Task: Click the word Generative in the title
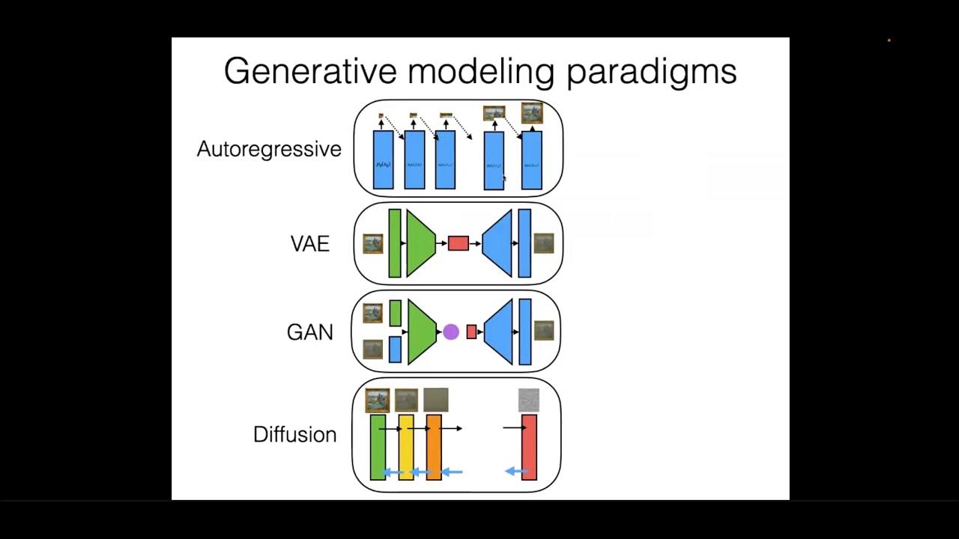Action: [x=309, y=72]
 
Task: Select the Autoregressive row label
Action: [x=269, y=149]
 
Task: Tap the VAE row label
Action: [x=309, y=244]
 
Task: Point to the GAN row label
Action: [x=309, y=332]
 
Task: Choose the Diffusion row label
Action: [x=294, y=435]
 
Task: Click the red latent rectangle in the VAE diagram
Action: [x=458, y=243]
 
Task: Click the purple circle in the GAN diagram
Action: [x=450, y=332]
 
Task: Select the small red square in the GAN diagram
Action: [x=471, y=332]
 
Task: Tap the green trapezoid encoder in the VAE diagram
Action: [x=420, y=243]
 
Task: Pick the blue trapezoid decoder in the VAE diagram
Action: [x=498, y=243]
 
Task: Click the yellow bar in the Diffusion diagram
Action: [x=406, y=447]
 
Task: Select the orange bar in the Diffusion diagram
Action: [x=433, y=447]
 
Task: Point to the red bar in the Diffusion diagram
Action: [x=529, y=447]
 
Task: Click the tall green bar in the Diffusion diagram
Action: [x=378, y=447]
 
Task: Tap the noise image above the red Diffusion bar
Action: [x=529, y=400]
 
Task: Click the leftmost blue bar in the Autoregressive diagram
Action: [x=382, y=160]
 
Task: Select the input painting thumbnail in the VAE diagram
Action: [x=372, y=244]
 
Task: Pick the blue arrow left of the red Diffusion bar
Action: [x=515, y=471]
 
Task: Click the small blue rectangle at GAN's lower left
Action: [x=395, y=350]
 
